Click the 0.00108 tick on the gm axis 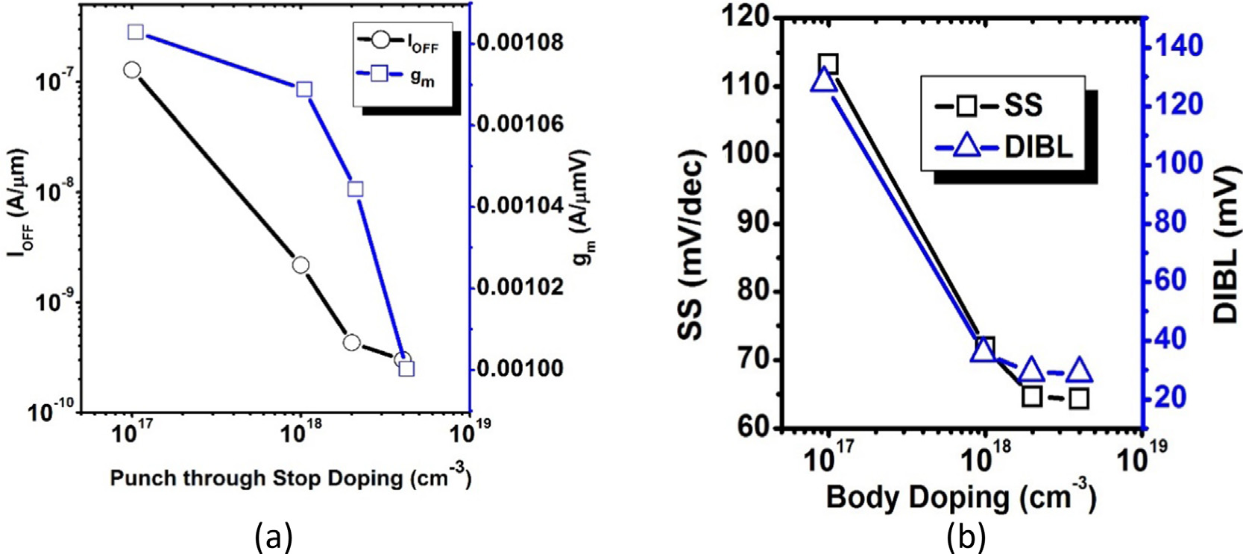(x=520, y=43)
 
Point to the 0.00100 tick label (x=520, y=369)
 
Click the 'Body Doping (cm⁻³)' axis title (x=960, y=497)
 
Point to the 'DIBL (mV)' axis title (x=1225, y=246)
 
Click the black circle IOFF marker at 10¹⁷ (x=132, y=70)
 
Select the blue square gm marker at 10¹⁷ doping (x=136, y=32)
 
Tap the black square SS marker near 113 (x=828, y=65)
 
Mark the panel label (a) (x=273, y=536)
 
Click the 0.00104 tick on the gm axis (x=520, y=205)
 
